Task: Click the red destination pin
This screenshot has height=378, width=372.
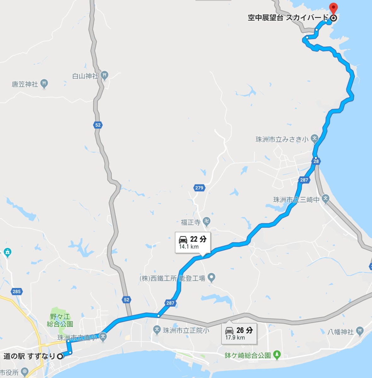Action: [x=333, y=8]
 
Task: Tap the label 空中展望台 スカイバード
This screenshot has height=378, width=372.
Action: [x=288, y=18]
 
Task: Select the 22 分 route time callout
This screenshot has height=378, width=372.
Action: [x=193, y=242]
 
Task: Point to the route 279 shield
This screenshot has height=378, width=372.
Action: [x=199, y=188]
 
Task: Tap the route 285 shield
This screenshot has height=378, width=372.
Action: [x=16, y=291]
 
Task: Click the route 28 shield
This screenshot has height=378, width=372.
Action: [x=316, y=161]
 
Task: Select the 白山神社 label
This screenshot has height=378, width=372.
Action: [x=85, y=76]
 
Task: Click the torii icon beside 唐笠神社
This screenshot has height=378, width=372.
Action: [x=44, y=84]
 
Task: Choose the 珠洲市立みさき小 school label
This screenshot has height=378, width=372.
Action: [x=282, y=139]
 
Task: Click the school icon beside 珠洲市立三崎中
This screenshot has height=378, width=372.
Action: [x=326, y=198]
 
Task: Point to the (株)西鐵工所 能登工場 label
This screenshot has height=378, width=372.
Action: [x=172, y=278]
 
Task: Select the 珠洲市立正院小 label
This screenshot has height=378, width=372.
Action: [x=186, y=330]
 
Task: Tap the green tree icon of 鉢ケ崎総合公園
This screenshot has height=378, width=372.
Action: [x=277, y=355]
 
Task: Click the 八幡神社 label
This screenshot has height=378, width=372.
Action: [x=340, y=332]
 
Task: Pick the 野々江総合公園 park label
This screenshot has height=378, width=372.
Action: [x=60, y=320]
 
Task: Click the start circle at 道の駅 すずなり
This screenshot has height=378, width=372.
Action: [x=60, y=356]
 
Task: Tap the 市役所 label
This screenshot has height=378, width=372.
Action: [x=9, y=372]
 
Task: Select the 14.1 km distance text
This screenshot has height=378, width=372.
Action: [x=189, y=247]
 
